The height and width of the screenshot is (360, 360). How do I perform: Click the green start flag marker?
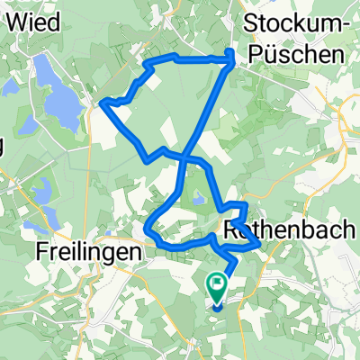[218, 287]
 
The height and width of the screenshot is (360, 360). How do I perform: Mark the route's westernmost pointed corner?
[103, 104]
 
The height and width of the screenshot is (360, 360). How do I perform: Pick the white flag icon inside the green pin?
[218, 283]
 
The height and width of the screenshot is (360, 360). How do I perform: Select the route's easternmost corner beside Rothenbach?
[261, 243]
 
